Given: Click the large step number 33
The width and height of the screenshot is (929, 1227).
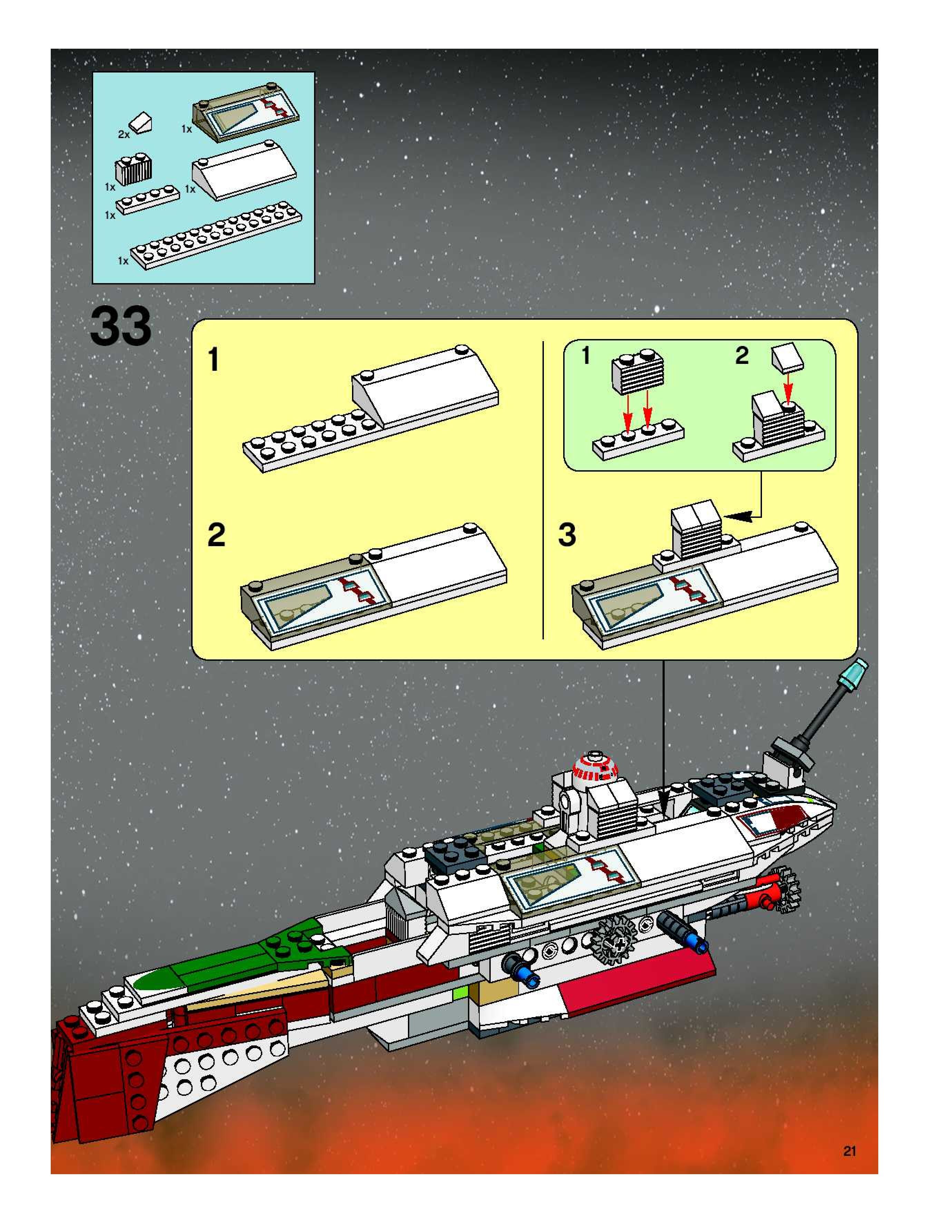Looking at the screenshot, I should click(x=120, y=327).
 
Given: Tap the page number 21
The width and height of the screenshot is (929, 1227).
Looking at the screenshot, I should click(x=849, y=1151).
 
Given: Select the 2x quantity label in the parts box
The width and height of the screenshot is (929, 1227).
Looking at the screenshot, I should click(x=123, y=134).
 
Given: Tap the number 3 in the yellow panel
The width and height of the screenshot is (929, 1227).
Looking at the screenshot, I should click(x=567, y=535).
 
